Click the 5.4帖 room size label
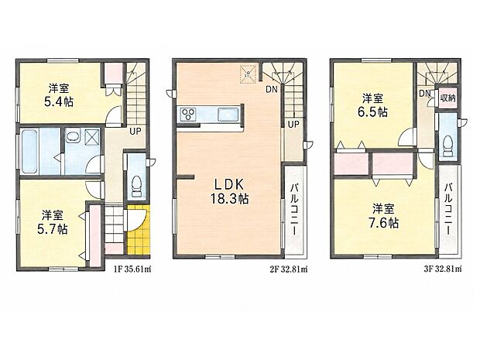[x=59, y=101]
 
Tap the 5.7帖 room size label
[x=53, y=228]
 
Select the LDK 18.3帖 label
[x=229, y=192]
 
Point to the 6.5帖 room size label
[x=372, y=112]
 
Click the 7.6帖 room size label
[x=383, y=223]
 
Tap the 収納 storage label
[x=447, y=98]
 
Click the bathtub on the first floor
[x=29, y=151]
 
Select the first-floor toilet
[x=136, y=187]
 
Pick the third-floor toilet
[x=447, y=146]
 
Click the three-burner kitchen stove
[x=188, y=115]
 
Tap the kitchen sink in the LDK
[x=228, y=115]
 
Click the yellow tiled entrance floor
[x=139, y=230]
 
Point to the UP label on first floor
[x=135, y=132]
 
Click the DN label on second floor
[x=272, y=89]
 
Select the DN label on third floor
[x=425, y=93]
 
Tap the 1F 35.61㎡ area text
[x=132, y=269]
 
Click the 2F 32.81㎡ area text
[x=289, y=269]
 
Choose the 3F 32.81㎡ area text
[x=443, y=269]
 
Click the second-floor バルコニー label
[x=295, y=209]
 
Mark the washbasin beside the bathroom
[x=73, y=137]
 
